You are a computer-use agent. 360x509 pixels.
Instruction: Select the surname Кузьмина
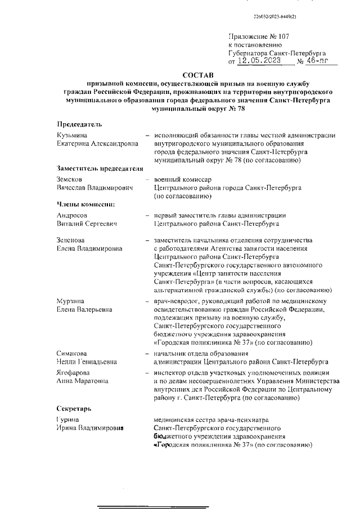(72, 136)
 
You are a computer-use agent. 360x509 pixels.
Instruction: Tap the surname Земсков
(70, 179)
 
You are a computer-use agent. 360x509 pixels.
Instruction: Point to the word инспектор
(170, 373)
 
